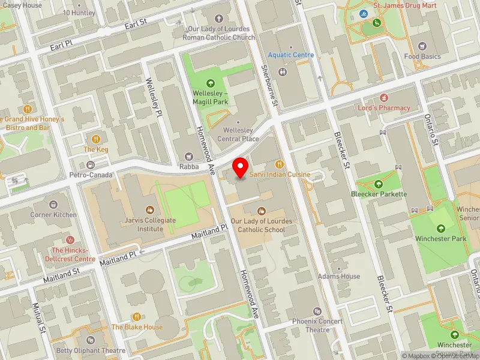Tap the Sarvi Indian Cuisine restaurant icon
tap(278, 164)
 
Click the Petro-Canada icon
tap(91, 164)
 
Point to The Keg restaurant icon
tap(95, 139)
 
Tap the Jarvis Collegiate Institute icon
tap(149, 210)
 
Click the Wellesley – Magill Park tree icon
tap(210, 83)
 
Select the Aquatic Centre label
tap(291, 55)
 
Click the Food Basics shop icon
tap(422, 46)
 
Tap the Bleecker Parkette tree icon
tap(379, 184)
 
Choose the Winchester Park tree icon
tap(441, 228)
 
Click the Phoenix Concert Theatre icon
tap(317, 311)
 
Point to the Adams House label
tap(340, 277)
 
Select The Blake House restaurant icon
tap(137, 316)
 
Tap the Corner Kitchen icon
tap(54, 205)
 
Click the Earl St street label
tap(136, 22)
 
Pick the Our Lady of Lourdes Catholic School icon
tap(261, 211)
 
